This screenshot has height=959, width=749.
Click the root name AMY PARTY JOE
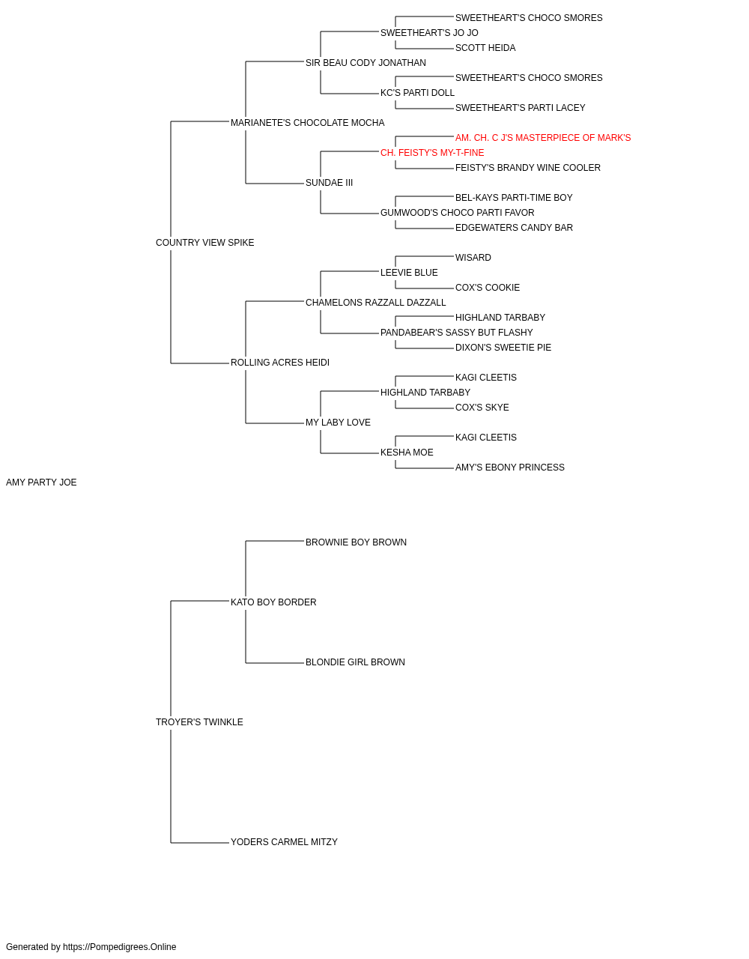pyautogui.click(x=41, y=482)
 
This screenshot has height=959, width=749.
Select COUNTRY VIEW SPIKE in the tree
pyautogui.click(x=204, y=243)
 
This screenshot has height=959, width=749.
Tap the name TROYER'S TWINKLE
pyautogui.click(x=199, y=722)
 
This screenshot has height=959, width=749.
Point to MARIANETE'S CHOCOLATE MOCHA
pyautogui.click(x=307, y=123)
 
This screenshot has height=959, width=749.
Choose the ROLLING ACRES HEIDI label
pyautogui.click(x=280, y=363)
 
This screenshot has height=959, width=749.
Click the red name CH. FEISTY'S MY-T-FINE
pyautogui.click(x=432, y=153)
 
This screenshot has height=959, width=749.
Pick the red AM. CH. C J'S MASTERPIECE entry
pyautogui.click(x=543, y=138)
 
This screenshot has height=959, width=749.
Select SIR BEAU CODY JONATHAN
pyautogui.click(x=366, y=63)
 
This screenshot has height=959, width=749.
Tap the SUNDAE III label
pyautogui.click(x=329, y=183)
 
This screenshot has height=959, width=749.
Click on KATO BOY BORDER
pyautogui.click(x=273, y=602)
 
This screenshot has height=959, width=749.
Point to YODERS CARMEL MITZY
pyautogui.click(x=284, y=842)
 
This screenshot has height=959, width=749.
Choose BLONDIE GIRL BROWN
pyautogui.click(x=355, y=662)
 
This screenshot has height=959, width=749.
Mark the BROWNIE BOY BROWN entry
pyautogui.click(x=356, y=542)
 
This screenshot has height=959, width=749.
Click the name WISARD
pyautogui.click(x=473, y=258)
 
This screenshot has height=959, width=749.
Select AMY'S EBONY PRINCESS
pyautogui.click(x=510, y=468)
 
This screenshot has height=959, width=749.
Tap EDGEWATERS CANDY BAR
pyautogui.click(x=514, y=228)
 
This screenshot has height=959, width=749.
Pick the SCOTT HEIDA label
pyautogui.click(x=485, y=48)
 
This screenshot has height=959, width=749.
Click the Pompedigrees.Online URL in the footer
pyautogui.click(x=120, y=947)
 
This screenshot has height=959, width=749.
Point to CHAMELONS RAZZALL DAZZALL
pyautogui.click(x=376, y=303)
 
